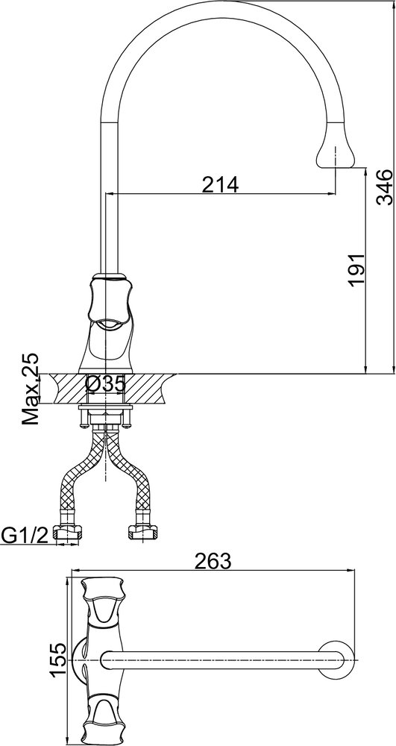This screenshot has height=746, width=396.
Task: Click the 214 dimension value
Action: pyautogui.click(x=220, y=184)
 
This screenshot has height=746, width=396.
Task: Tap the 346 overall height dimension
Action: pyautogui.click(x=384, y=186)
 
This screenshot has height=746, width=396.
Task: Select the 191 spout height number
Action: pyautogui.click(x=356, y=269)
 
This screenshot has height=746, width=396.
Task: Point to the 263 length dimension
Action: pyautogui.click(x=213, y=562)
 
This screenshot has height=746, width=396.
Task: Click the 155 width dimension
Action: pyautogui.click(x=58, y=661)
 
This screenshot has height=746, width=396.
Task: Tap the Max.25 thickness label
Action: pyautogui.click(x=31, y=389)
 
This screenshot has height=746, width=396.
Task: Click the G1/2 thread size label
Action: pyautogui.click(x=25, y=536)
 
